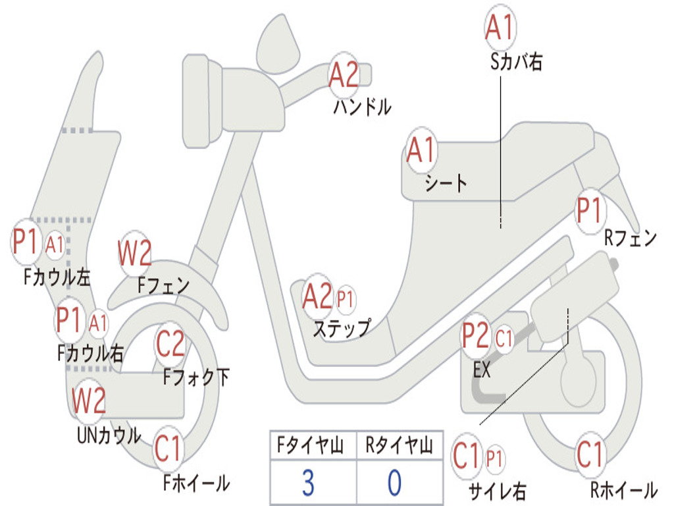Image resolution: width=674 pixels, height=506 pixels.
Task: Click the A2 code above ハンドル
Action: pyautogui.click(x=344, y=74)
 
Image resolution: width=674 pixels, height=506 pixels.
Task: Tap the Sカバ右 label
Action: pyautogui.click(x=517, y=63)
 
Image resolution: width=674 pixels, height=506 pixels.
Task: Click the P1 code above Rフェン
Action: pyautogui.click(x=589, y=211)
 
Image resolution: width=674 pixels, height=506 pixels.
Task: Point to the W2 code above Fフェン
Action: pyautogui.click(x=135, y=253)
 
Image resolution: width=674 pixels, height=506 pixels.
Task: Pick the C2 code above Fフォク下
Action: pyautogui.click(x=170, y=343)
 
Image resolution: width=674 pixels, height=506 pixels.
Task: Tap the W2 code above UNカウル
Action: pyautogui.click(x=89, y=400)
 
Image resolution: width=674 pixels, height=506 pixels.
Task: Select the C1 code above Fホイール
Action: pyautogui.click(x=168, y=451)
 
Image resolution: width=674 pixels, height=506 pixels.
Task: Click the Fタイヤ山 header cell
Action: pyautogui.click(x=312, y=447)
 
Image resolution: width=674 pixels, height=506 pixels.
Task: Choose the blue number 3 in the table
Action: pyautogui.click(x=307, y=484)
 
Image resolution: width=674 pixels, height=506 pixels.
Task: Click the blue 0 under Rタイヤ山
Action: pyautogui.click(x=394, y=484)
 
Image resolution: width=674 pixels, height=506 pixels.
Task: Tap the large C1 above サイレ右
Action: pyautogui.click(x=467, y=456)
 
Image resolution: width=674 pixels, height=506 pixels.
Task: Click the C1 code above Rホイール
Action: pyautogui.click(x=590, y=455)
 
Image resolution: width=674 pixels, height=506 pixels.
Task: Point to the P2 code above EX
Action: pyautogui.click(x=475, y=335)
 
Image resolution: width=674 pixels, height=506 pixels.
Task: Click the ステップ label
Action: pyautogui.click(x=342, y=327)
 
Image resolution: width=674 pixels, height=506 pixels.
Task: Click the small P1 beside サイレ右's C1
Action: pyautogui.click(x=495, y=457)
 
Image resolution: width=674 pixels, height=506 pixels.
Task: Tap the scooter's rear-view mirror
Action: pyautogui.click(x=278, y=43)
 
